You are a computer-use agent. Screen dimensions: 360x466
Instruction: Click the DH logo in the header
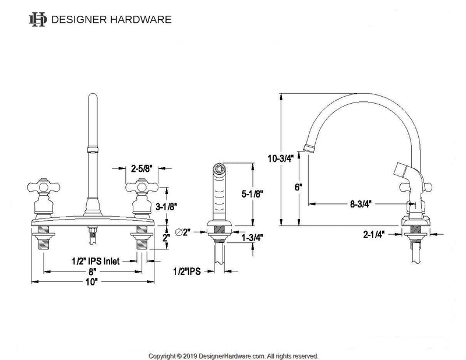click(37, 19)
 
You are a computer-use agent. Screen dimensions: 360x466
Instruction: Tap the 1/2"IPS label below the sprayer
click(188, 271)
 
